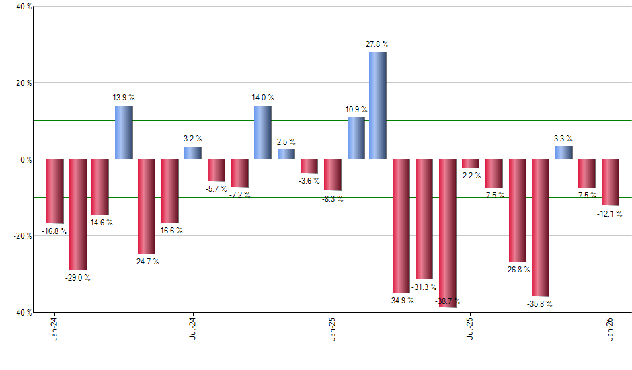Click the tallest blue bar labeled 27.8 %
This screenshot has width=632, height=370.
[x=378, y=106]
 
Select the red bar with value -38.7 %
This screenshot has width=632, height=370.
[x=448, y=233]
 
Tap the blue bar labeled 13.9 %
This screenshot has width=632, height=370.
[x=123, y=133]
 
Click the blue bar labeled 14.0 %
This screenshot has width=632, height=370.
[x=263, y=133]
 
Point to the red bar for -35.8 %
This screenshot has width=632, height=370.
[x=541, y=227]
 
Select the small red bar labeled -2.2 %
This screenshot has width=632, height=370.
[x=471, y=163]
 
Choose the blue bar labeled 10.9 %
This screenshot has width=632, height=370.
[x=356, y=139]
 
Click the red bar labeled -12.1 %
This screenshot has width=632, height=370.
[x=610, y=182]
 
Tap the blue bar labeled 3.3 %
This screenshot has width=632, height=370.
[x=563, y=153]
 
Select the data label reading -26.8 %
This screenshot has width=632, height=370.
[x=516, y=270]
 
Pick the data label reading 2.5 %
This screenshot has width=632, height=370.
[x=286, y=142]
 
